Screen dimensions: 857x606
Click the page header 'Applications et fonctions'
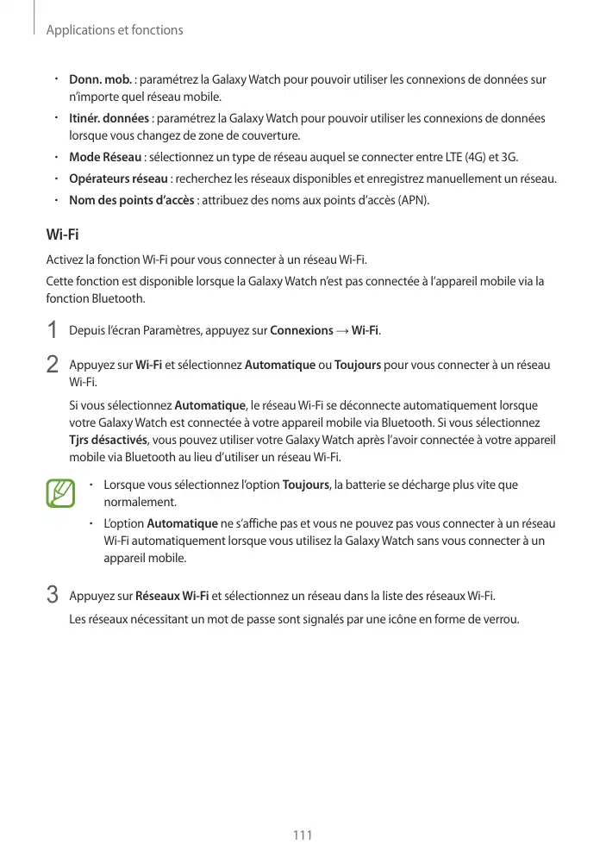coord(115,30)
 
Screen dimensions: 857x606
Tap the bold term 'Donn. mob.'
coord(100,80)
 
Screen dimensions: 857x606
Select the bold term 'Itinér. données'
coord(109,119)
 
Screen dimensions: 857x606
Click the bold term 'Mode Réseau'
coord(105,158)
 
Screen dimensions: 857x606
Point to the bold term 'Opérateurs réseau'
coord(118,179)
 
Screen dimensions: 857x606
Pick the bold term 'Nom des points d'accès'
coord(131,201)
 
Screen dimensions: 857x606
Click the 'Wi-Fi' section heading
coord(62,235)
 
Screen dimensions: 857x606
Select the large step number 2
coord(52,366)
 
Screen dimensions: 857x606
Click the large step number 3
coord(52,596)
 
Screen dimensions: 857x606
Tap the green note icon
coord(61,492)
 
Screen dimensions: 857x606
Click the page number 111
coord(303,835)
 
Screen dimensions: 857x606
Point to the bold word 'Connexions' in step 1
coord(302,331)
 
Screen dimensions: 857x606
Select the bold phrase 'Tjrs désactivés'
coord(109,440)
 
